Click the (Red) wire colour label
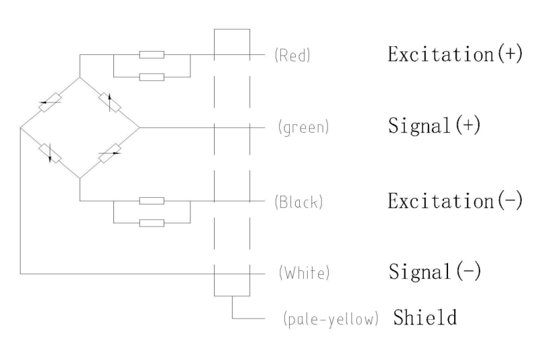click(x=292, y=56)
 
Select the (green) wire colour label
click(x=301, y=127)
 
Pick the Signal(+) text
click(x=434, y=127)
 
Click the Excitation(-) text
click(x=454, y=200)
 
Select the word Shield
click(x=425, y=316)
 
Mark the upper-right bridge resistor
click(x=109, y=102)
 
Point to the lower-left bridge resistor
click(x=50, y=152)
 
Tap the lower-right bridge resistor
click(x=109, y=152)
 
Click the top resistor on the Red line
click(x=152, y=55)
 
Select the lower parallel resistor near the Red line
click(x=152, y=77)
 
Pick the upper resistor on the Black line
click(x=152, y=200)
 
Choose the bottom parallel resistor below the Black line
click(x=152, y=223)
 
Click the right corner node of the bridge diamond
click(x=138, y=127)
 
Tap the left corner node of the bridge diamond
click(x=21, y=127)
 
